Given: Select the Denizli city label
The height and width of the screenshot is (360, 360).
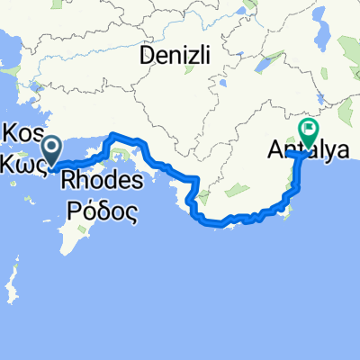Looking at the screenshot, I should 175,55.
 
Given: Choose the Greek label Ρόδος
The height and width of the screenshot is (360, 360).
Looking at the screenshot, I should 101,211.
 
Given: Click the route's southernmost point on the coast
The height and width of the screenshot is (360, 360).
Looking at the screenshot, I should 216,222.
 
